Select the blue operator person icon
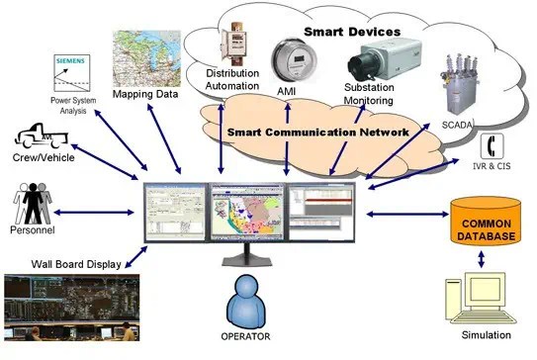[248, 303]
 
